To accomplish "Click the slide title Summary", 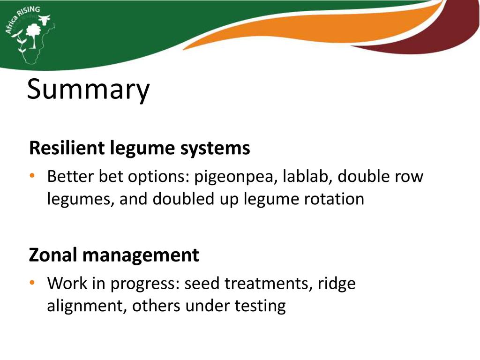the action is click(88, 90).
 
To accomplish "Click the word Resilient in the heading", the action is click(67, 148).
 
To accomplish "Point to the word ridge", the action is click(337, 284).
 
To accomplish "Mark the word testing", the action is click(260, 306).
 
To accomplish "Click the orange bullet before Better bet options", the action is click(32, 176).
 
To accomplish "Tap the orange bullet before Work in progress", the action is click(32, 282).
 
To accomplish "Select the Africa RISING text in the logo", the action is click(22, 19).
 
